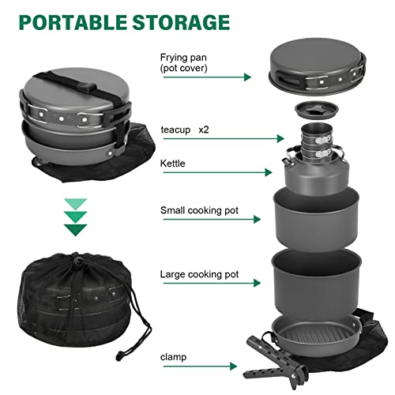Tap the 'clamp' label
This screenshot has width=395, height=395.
point(173,357)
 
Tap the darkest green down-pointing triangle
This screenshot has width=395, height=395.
point(76,229)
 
